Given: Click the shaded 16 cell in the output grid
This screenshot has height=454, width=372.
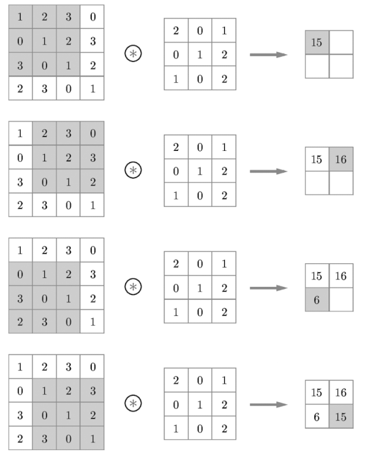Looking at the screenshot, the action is point(341,159).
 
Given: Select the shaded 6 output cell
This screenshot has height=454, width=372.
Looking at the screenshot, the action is point(317,299).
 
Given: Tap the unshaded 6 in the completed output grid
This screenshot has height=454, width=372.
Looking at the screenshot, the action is point(317,416).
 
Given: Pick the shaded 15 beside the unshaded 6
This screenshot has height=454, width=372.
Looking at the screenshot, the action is point(341,416).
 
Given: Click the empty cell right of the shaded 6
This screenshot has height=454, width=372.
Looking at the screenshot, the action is point(341,299).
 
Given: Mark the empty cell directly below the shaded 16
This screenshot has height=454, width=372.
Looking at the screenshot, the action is point(341,183).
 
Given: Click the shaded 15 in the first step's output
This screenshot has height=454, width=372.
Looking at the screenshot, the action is point(317,42).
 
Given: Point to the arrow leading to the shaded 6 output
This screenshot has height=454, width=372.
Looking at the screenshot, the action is point(269,288).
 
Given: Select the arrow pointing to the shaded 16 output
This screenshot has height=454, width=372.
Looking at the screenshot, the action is point(269,171).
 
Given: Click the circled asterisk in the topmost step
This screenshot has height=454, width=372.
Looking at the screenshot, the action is point(133,53).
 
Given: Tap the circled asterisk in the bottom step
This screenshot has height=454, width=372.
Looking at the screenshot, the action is point(133,403).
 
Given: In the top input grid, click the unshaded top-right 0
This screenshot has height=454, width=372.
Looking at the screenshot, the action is point(92,17).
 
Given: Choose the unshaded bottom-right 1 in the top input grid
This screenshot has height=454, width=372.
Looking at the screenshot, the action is point(92,89).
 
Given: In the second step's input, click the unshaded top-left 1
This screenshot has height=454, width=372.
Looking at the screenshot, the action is point(21,133).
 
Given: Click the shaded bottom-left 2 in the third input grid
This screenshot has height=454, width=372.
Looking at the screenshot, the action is point(21,321).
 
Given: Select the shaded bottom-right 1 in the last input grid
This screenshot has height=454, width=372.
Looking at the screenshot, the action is point(92,439).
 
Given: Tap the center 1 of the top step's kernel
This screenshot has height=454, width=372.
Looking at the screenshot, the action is point(200,55).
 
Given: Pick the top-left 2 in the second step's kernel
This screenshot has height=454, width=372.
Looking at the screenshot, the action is point(176,147).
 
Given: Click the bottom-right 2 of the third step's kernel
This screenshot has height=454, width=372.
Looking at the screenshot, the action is point(224,311).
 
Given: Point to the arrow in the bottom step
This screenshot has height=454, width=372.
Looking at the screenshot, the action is point(269,405).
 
